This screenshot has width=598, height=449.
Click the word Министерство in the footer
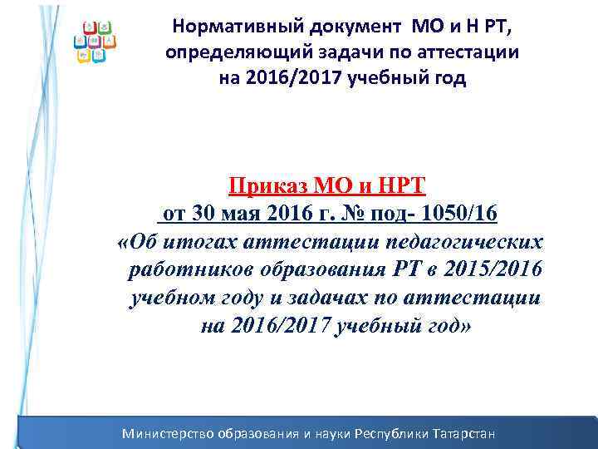pos(168,433)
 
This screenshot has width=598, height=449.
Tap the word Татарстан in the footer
pos(463,433)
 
